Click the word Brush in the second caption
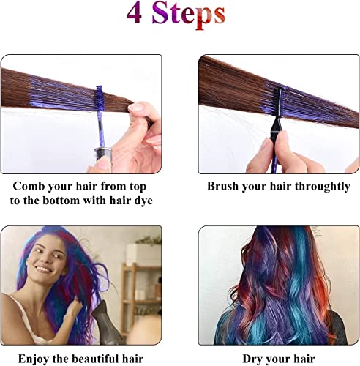pyautogui.click(x=225, y=186)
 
